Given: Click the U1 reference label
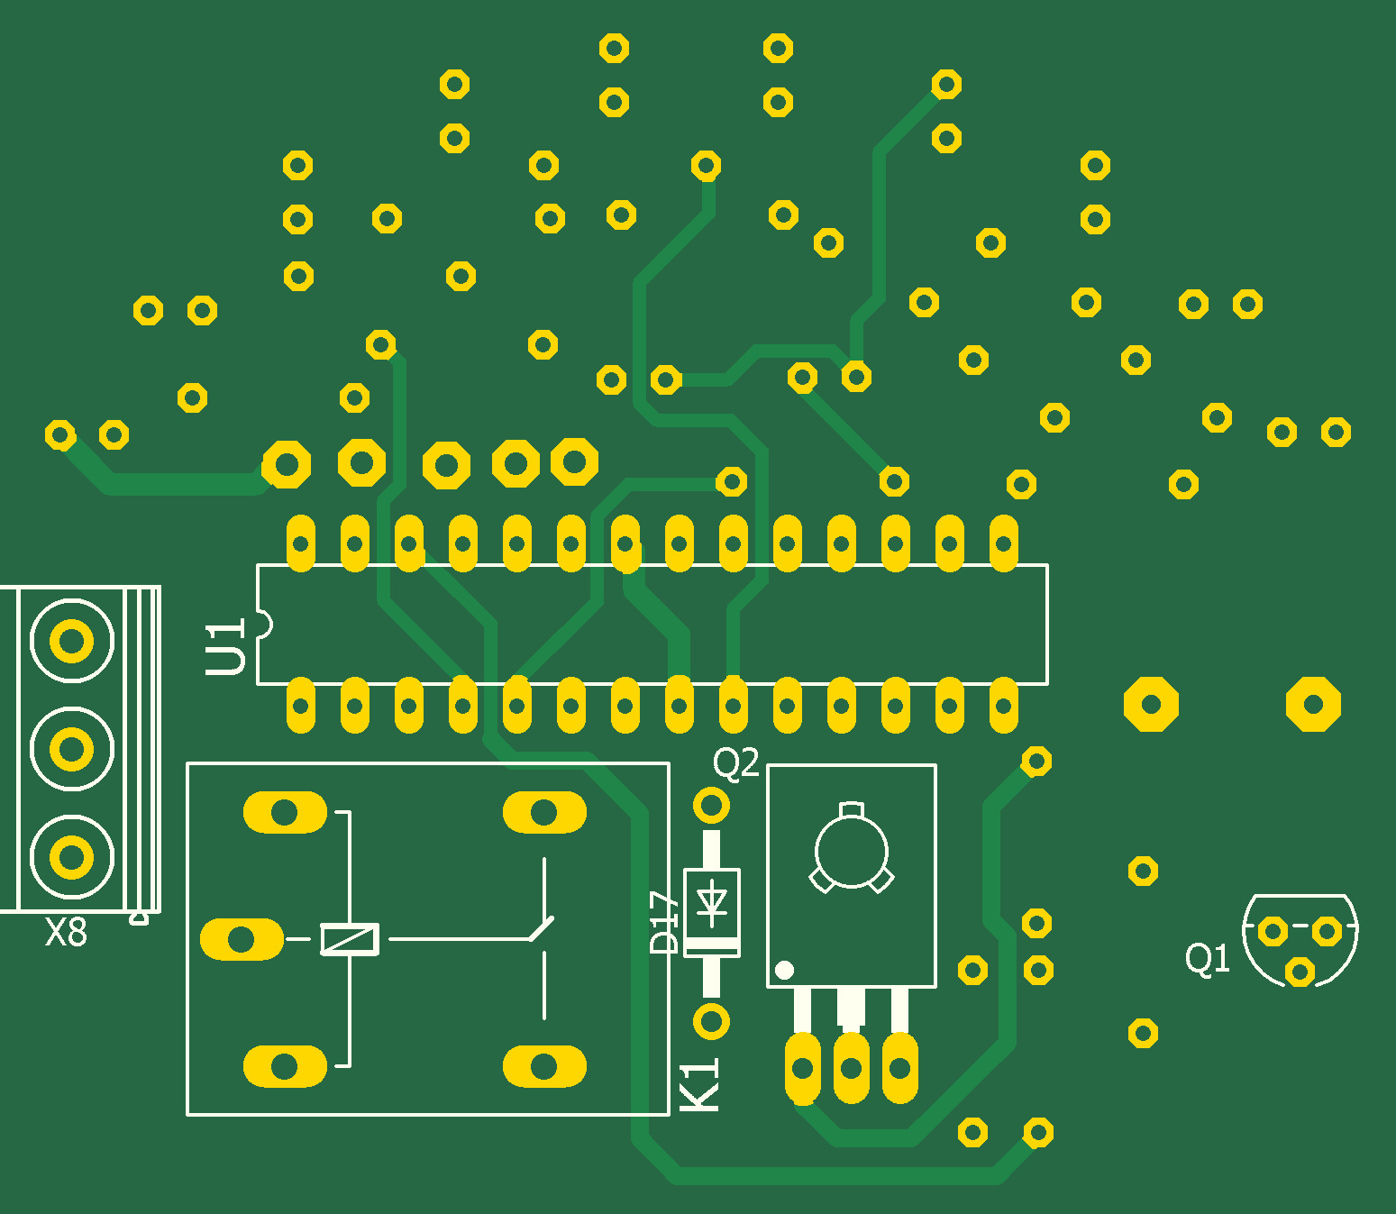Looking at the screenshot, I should pos(225,647).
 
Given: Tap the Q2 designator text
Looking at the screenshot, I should pos(736,763).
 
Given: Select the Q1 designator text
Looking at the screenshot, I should pos(1207,958).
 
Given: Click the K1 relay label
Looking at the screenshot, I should pos(699,1084).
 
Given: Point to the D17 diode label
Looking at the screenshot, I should pos(664,922).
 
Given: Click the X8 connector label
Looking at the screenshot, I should pos(67,933).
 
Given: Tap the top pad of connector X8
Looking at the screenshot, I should pos(71,642).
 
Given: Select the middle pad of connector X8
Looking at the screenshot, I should pos(71,748).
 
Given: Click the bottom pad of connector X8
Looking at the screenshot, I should pos(71,856).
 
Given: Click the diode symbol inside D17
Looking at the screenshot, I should pos(712,902).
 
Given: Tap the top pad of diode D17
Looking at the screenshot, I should pos(711,805).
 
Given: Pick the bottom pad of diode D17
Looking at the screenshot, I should pos(711,1021).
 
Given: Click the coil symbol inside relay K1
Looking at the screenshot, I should pos(350,939).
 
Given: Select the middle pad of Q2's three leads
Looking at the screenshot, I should pos(851,1069).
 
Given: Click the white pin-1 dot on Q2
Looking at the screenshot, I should pos(784,970).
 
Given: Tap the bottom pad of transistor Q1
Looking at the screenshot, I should pos(1300,972).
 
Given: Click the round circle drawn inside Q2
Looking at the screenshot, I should pos(851,852).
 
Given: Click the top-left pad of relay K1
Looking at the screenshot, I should pos(285,813).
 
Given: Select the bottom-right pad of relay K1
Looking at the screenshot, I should pos(544,1067).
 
